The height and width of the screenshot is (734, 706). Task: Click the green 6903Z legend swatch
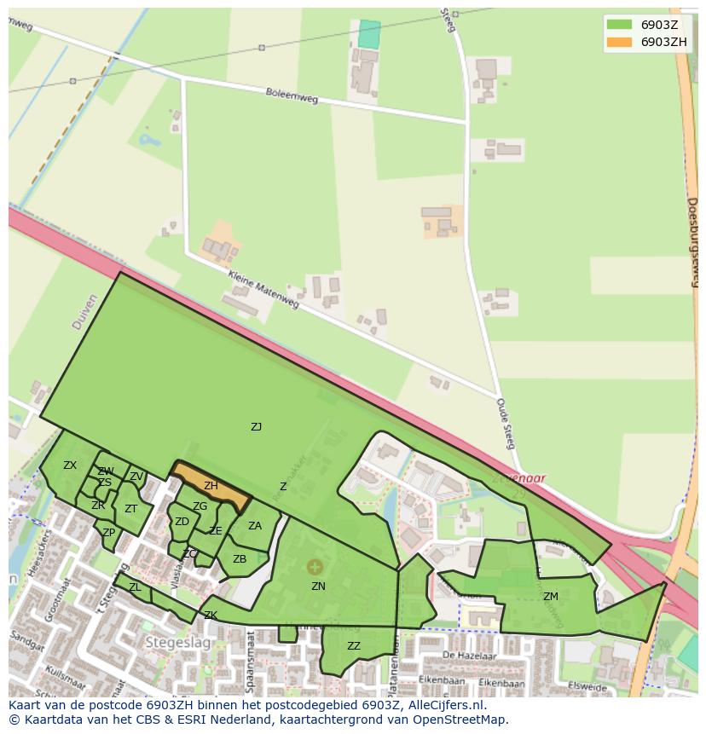[619, 25]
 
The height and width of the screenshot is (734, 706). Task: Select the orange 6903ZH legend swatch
[619, 42]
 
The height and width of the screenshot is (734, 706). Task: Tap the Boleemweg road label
[291, 97]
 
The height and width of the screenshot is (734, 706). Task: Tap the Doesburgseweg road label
[692, 243]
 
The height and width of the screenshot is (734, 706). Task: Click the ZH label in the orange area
[211, 486]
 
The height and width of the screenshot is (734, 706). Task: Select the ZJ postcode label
[256, 427]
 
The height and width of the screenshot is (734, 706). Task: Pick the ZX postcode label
[70, 465]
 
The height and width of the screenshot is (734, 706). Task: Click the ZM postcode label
[551, 597]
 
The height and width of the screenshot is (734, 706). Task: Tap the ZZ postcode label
[354, 646]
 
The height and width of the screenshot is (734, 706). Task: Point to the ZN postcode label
[318, 587]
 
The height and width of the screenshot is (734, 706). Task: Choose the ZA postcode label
[255, 526]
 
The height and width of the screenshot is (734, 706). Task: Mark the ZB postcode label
[240, 559]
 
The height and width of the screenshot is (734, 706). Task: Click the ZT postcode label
[130, 509]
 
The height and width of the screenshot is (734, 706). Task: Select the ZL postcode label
[135, 587]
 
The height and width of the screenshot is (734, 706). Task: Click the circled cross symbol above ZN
[315, 567]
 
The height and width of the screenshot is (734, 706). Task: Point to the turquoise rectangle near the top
[369, 34]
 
